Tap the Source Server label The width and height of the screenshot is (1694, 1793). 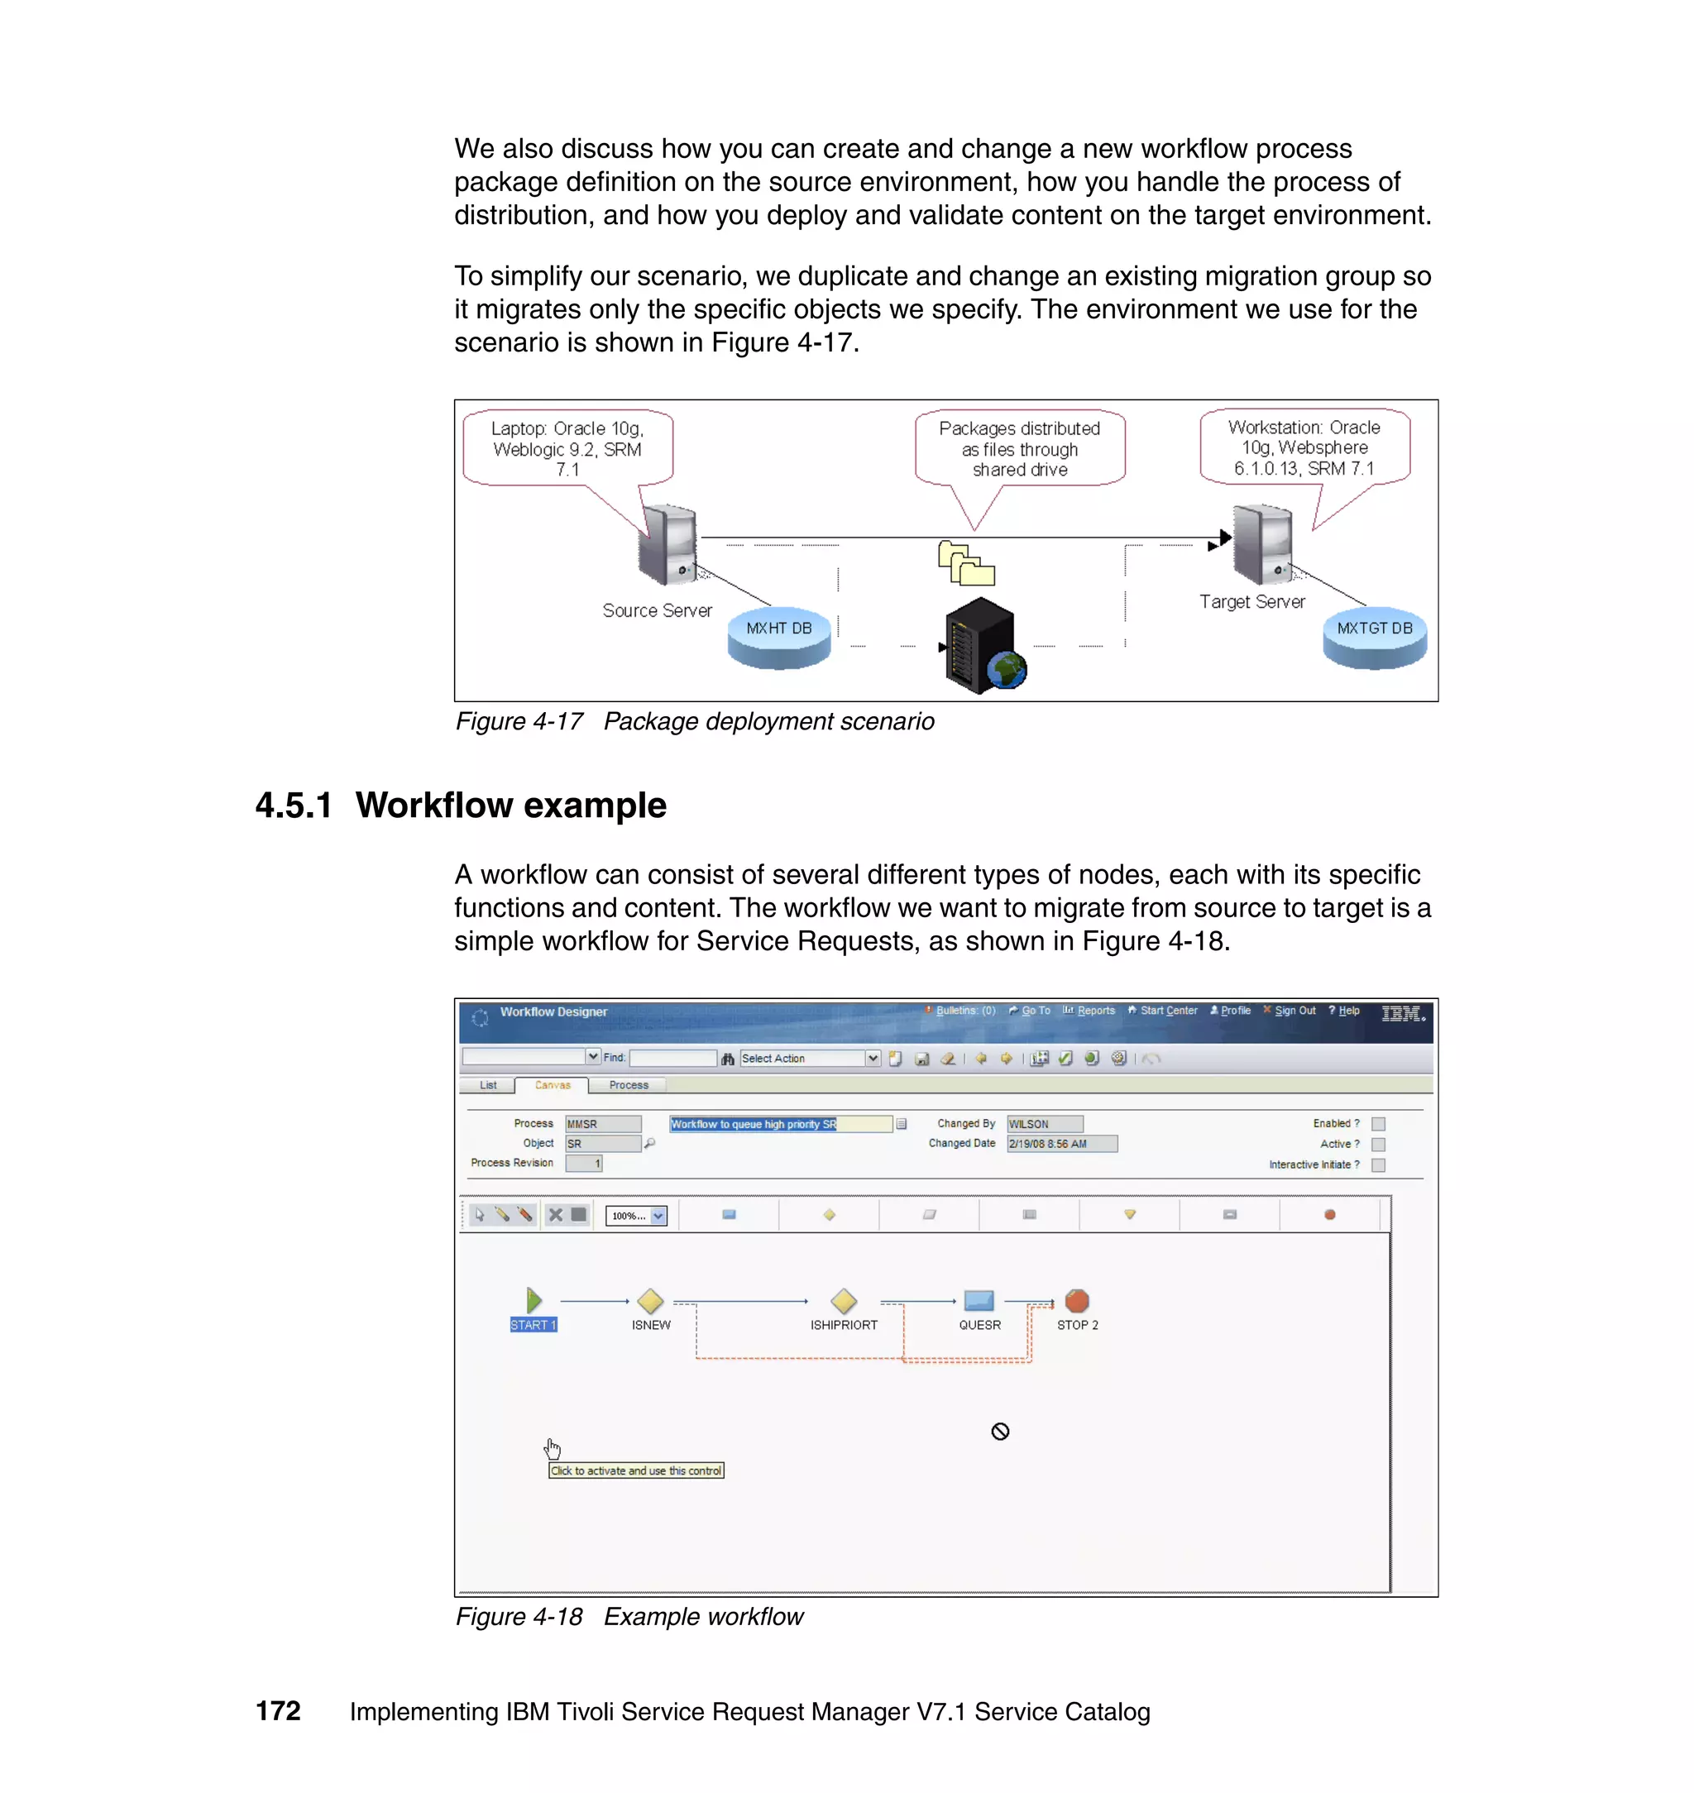[x=657, y=610]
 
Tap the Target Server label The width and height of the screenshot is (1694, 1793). [x=1251, y=601]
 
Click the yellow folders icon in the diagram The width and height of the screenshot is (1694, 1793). [x=965, y=563]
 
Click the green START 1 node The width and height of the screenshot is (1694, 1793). [x=534, y=1301]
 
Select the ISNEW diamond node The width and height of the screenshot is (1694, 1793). [x=650, y=1301]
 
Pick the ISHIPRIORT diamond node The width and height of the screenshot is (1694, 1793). [x=844, y=1301]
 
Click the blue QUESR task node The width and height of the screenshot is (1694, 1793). [x=979, y=1300]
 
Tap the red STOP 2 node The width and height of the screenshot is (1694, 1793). [x=1077, y=1300]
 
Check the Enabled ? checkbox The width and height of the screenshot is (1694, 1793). [x=1378, y=1124]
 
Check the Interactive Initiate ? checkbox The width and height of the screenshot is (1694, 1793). [x=1378, y=1164]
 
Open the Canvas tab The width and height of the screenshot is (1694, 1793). [x=552, y=1085]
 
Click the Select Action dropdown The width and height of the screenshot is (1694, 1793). [x=809, y=1058]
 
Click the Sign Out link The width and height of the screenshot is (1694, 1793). [x=1294, y=1011]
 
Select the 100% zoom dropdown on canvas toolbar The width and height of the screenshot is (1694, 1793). [x=636, y=1215]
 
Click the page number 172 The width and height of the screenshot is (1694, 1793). [x=278, y=1711]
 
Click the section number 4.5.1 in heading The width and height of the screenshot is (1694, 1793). [x=294, y=806]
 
